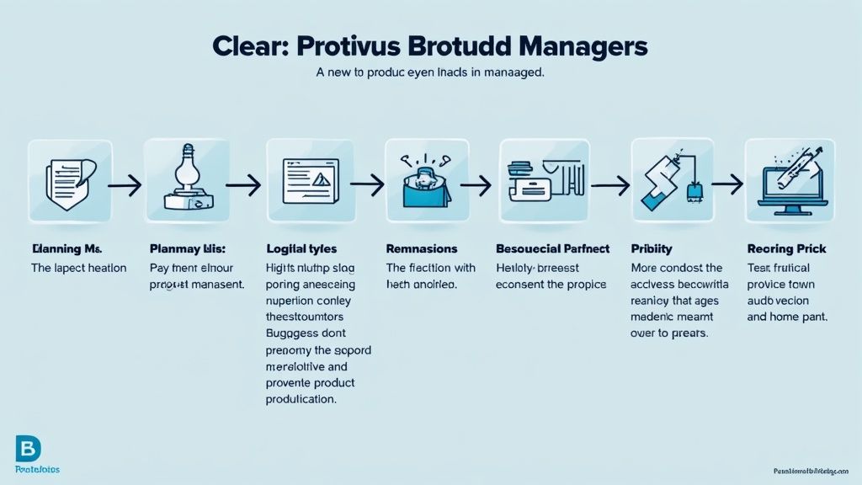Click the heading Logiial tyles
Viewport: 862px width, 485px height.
pos(301,249)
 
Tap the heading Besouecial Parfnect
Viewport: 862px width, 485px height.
pos(553,249)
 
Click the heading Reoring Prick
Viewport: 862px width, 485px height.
pos(786,249)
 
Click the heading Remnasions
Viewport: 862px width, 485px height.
pos(422,249)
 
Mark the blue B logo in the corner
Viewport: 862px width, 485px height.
pos(28,449)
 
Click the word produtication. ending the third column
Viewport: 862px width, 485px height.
pos(301,400)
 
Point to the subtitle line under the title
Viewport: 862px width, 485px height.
pos(430,73)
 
